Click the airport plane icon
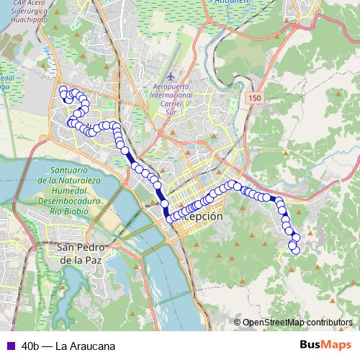click(169, 76)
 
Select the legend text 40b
click(32, 346)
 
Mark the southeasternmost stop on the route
click(294, 250)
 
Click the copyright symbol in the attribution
click(237, 322)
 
